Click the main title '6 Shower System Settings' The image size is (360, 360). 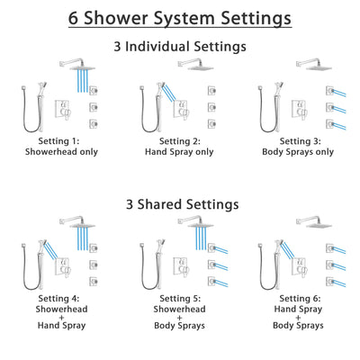[x=180, y=17]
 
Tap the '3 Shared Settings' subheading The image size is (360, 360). [x=180, y=204]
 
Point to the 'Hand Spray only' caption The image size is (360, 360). [x=179, y=153]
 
